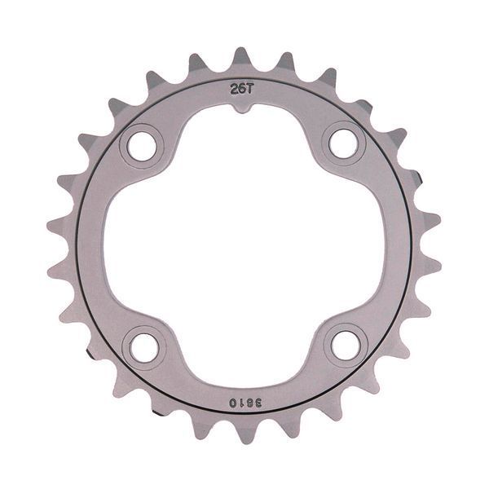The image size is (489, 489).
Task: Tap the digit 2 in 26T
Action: click(234, 89)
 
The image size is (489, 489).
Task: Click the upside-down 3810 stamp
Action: click(245, 403)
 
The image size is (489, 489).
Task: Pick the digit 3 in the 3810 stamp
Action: click(258, 403)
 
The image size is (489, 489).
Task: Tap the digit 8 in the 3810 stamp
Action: click(250, 403)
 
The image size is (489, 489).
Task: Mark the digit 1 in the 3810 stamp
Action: click(242, 403)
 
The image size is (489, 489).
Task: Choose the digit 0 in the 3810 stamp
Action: click(233, 403)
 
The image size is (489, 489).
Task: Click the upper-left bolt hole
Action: click(142, 146)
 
